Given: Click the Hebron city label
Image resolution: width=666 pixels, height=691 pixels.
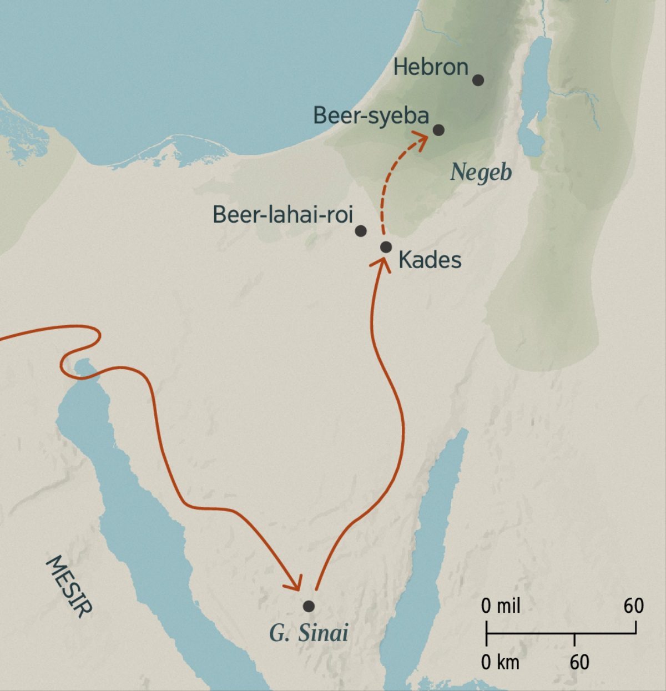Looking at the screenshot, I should [x=431, y=68].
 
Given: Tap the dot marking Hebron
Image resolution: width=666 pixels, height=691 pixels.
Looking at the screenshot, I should [x=478, y=80].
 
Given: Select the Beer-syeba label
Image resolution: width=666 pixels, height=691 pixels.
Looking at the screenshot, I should [x=371, y=116].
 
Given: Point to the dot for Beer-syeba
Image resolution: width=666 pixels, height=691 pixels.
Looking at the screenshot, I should [x=438, y=130].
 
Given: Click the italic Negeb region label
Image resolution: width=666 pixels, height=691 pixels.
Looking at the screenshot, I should [x=481, y=172].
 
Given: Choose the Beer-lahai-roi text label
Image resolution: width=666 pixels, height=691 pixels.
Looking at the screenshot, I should [x=283, y=214].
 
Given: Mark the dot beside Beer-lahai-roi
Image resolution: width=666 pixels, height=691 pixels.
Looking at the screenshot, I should [x=360, y=230].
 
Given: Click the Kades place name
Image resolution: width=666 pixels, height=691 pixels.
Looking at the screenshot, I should [x=430, y=260].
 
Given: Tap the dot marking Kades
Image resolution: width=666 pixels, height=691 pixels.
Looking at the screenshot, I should [x=386, y=247].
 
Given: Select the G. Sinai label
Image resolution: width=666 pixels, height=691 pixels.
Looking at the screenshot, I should [x=309, y=633].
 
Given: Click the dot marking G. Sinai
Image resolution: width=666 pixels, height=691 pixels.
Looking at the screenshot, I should [x=309, y=606].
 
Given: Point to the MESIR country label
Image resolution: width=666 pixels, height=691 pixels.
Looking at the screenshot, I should [x=68, y=586].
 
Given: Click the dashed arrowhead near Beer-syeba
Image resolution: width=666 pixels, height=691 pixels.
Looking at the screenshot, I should [x=421, y=139].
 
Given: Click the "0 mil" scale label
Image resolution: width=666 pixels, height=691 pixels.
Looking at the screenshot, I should [x=501, y=606].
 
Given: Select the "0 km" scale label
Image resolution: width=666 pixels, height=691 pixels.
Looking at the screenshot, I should [x=500, y=662].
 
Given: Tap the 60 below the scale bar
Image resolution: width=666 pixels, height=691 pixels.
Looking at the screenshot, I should [x=579, y=662].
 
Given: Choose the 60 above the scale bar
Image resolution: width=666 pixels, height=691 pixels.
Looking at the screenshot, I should [x=633, y=606].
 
